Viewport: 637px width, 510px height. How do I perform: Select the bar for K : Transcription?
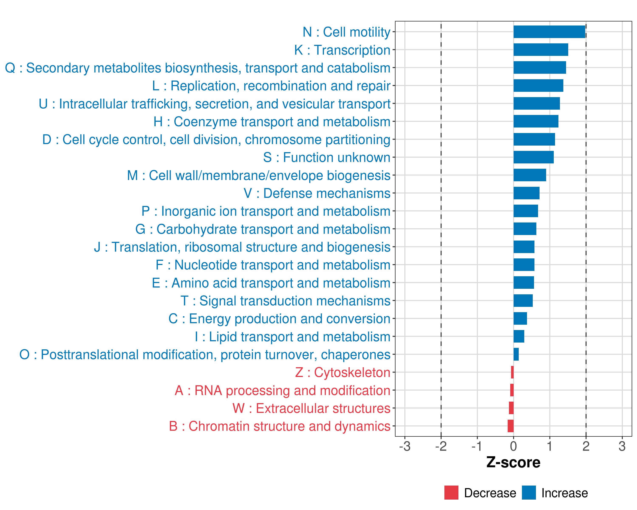[x=540, y=50]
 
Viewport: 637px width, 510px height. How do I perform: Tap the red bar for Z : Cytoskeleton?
[x=512, y=372]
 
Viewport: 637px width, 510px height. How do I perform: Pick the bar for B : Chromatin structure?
[x=510, y=426]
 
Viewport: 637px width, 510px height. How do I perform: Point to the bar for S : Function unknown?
[x=533, y=157]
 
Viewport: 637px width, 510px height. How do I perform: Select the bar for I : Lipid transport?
[x=519, y=336]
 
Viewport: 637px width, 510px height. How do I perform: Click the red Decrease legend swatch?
[x=451, y=493]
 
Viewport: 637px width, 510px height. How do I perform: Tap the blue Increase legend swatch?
[x=528, y=493]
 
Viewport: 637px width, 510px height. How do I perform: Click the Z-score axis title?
[x=513, y=462]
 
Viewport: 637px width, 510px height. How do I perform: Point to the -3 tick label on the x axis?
[x=404, y=446]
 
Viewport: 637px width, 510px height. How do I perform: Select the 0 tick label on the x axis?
[x=513, y=446]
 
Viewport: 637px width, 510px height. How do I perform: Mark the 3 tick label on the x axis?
[x=622, y=446]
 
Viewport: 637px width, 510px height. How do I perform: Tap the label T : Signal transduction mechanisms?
[x=285, y=301]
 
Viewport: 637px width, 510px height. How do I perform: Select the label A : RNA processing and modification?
[x=282, y=390]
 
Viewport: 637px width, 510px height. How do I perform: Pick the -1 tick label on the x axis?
[x=477, y=446]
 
